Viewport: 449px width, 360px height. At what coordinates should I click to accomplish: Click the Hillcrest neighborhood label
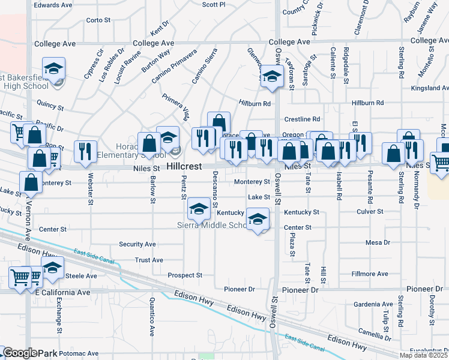187,164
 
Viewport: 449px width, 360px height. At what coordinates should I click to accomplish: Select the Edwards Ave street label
53,5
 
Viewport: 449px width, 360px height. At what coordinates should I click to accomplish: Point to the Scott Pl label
213,4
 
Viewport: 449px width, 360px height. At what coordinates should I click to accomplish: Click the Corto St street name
98,20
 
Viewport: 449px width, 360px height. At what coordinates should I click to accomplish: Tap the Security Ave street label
137,244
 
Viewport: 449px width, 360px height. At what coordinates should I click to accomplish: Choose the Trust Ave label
149,260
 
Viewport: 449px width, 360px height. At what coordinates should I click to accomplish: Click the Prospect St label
185,275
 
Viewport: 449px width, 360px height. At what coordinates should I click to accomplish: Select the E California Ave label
62,292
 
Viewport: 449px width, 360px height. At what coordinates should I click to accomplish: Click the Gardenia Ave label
373,304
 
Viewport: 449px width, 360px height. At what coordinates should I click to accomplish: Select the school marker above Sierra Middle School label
198,209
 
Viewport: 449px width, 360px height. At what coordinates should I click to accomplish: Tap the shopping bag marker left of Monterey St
31,182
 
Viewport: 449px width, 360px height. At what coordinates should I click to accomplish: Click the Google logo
20,353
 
